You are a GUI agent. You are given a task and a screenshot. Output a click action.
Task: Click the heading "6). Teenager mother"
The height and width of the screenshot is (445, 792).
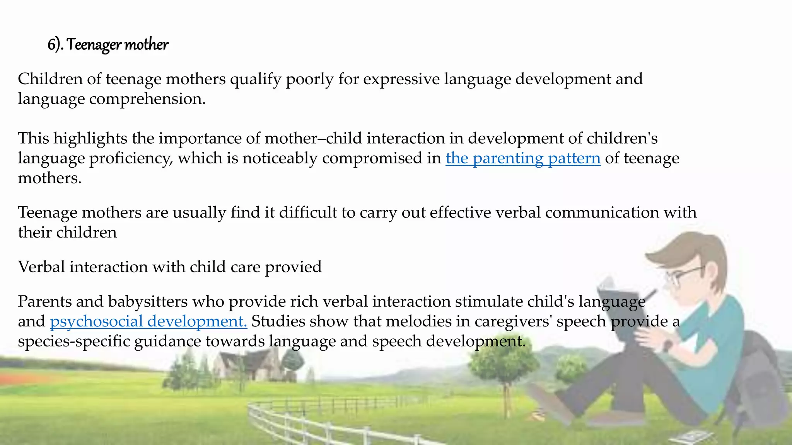(108, 45)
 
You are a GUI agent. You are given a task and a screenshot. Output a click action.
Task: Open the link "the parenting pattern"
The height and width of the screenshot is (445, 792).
(523, 158)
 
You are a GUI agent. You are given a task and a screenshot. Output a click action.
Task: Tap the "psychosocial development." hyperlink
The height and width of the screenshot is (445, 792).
(148, 321)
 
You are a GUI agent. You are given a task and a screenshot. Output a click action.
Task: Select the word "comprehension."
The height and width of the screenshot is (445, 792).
(147, 99)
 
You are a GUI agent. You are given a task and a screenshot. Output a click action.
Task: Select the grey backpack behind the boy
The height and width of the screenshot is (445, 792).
(758, 371)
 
